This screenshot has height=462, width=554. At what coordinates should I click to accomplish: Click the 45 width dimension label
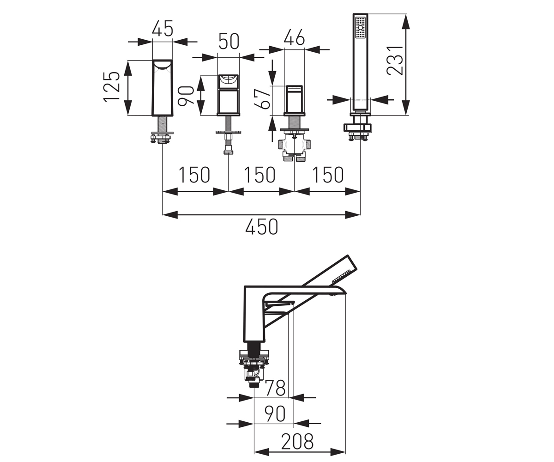coord(163,28)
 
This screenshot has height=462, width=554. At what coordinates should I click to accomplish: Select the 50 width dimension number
coord(229,42)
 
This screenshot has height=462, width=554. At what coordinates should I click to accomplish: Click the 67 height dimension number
coord(262,99)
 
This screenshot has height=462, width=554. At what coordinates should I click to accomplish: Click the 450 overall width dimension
coord(262,227)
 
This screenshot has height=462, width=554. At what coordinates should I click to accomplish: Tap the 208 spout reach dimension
coord(297,441)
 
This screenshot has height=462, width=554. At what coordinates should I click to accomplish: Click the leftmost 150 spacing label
coord(194,175)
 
